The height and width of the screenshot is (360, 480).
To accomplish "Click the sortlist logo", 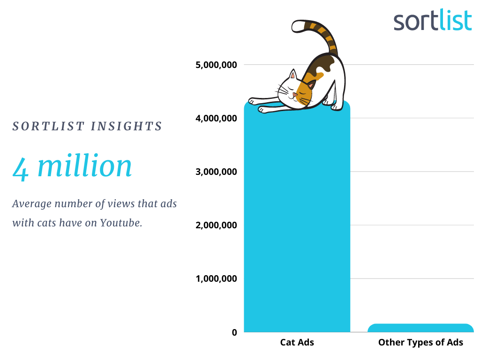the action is [x=433, y=20].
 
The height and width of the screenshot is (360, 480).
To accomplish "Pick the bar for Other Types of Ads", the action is [x=420, y=328].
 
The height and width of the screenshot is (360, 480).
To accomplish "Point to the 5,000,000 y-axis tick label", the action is [x=216, y=65].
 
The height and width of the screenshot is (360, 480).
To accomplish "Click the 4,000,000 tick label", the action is [x=216, y=119].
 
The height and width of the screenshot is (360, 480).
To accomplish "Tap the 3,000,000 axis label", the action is [x=216, y=172].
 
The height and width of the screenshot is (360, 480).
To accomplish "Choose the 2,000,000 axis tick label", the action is [x=216, y=225].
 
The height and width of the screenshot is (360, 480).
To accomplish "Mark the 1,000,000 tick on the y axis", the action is [x=216, y=279].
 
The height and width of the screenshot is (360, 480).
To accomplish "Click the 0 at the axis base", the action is [x=234, y=332].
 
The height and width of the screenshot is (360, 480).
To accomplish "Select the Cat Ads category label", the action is [x=297, y=342].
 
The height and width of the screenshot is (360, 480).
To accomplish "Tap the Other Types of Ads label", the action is [x=420, y=343].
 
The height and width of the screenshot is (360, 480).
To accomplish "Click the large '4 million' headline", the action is [x=72, y=166].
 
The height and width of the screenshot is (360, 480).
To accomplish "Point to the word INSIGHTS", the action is [x=126, y=127].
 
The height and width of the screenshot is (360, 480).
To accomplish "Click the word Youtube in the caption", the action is [x=121, y=223].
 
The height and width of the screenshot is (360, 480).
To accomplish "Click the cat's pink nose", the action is [x=295, y=95].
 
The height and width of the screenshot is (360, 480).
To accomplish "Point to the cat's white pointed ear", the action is [x=293, y=75].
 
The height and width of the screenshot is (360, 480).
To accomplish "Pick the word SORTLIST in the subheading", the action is [x=48, y=127].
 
